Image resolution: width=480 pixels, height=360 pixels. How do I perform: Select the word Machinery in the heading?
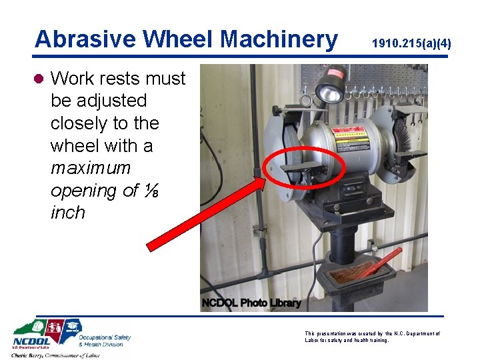(279, 39)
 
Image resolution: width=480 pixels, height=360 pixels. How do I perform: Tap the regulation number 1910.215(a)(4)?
(411, 44)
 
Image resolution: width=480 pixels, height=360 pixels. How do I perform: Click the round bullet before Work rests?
(39, 79)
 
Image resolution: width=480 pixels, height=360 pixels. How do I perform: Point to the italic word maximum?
(90, 167)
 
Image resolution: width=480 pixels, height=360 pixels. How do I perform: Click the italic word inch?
(67, 213)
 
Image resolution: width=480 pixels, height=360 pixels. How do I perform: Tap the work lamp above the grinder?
(329, 90)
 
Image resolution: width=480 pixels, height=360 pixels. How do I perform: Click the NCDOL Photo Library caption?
(251, 303)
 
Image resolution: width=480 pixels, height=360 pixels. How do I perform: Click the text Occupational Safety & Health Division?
(105, 340)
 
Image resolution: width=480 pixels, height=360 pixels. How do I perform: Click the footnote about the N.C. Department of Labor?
(371, 337)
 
